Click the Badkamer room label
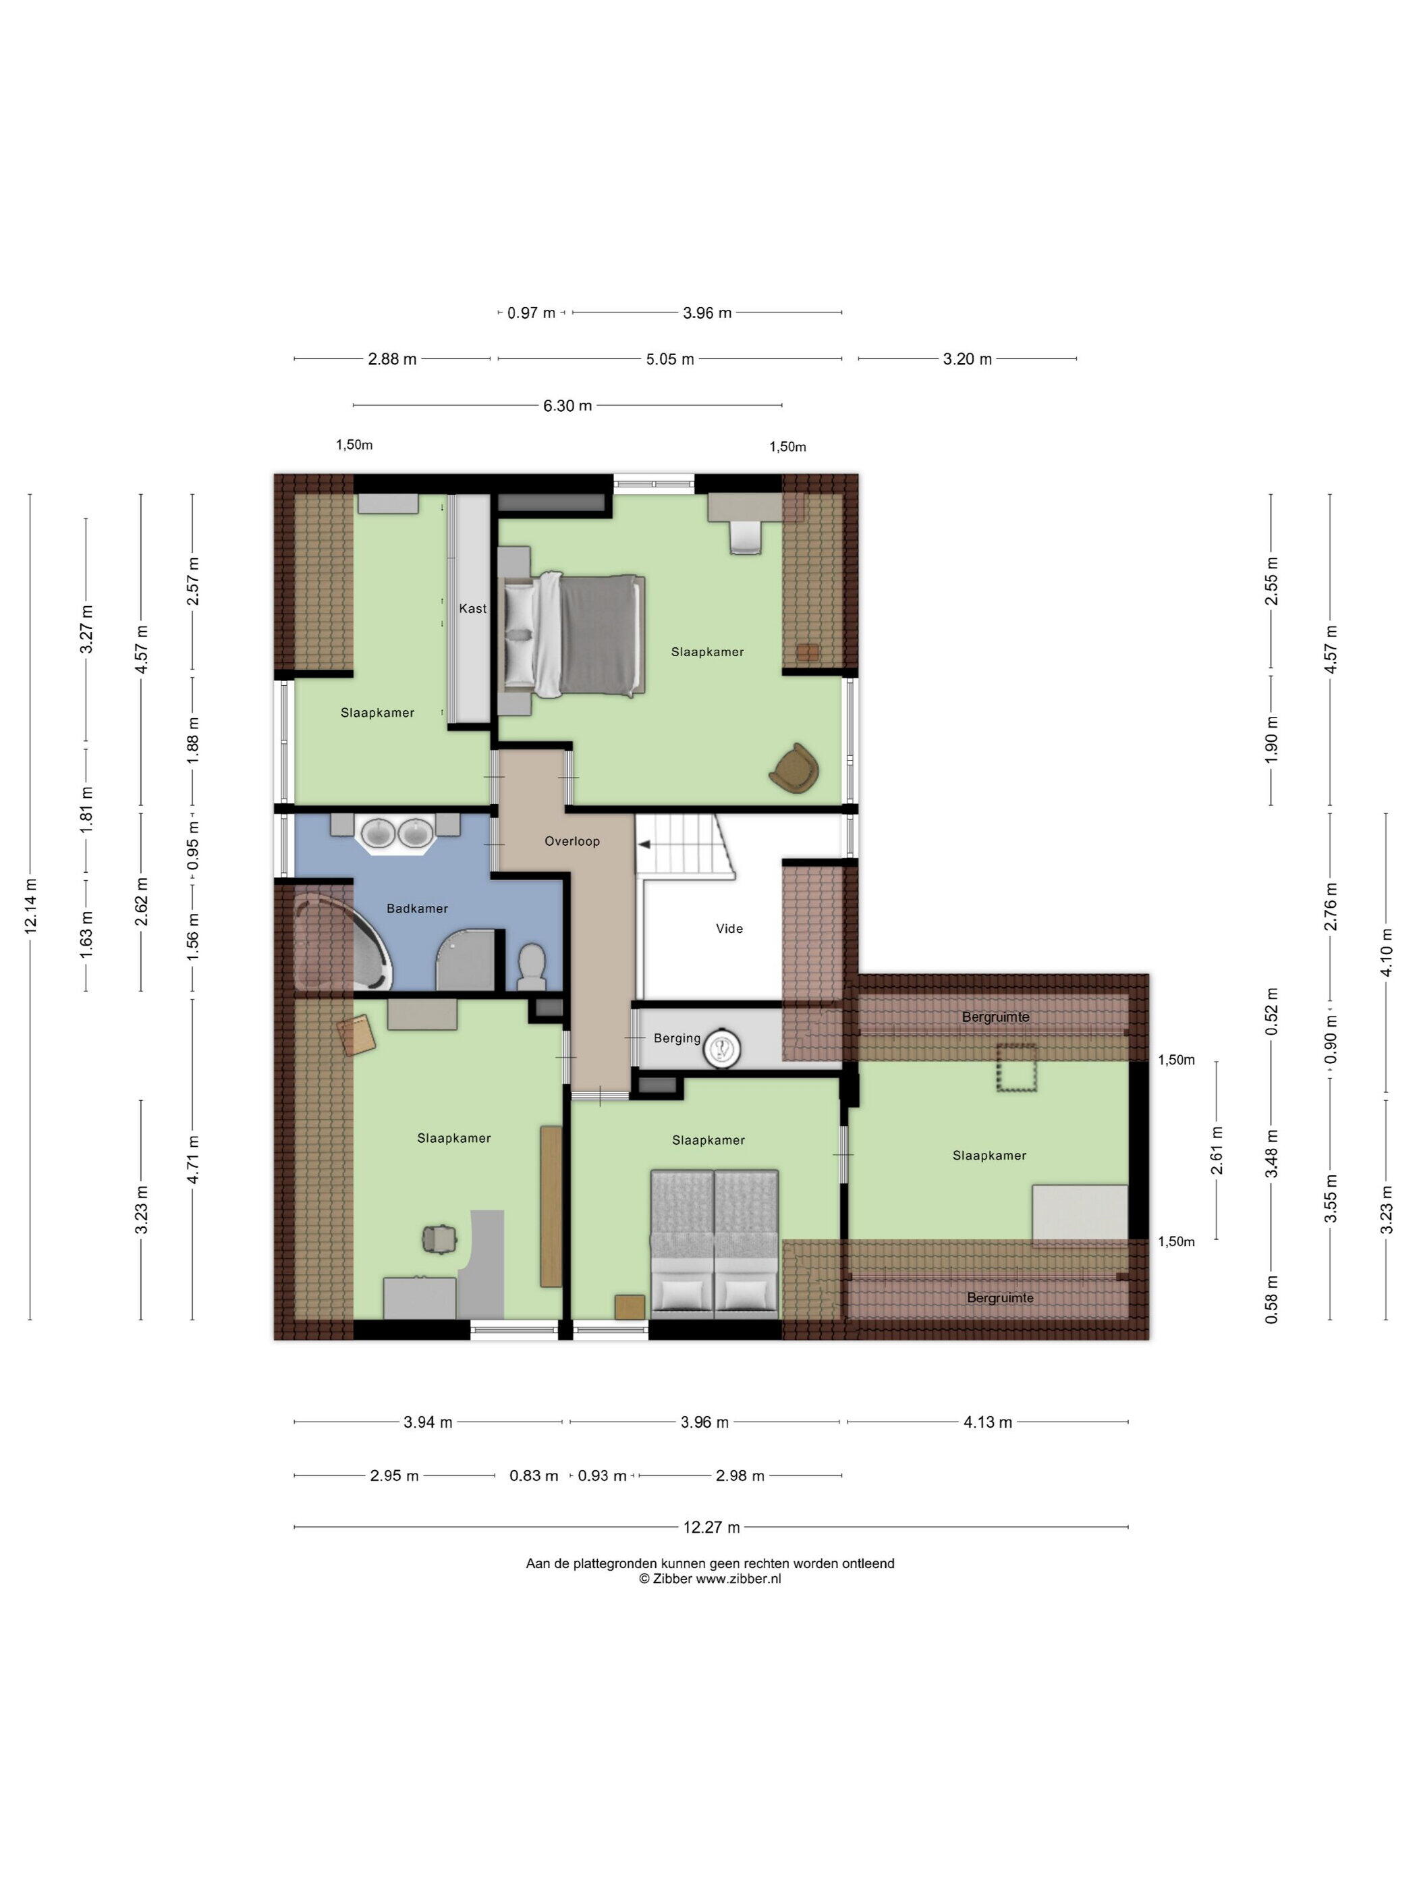tap(417, 909)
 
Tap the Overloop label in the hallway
tap(572, 842)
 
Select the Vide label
tap(729, 929)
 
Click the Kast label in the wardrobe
tap(472, 608)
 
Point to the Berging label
tap(677, 1039)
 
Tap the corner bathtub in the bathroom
tap(341, 942)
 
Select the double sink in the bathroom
tap(396, 833)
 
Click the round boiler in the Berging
tap(721, 1048)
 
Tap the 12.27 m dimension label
tap(711, 1527)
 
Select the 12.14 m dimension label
tap(31, 906)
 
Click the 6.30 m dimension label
tap(568, 406)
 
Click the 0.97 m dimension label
tap(531, 313)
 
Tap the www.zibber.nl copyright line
tap(710, 1579)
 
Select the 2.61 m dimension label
tap(1217, 1150)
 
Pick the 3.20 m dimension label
tap(968, 360)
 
